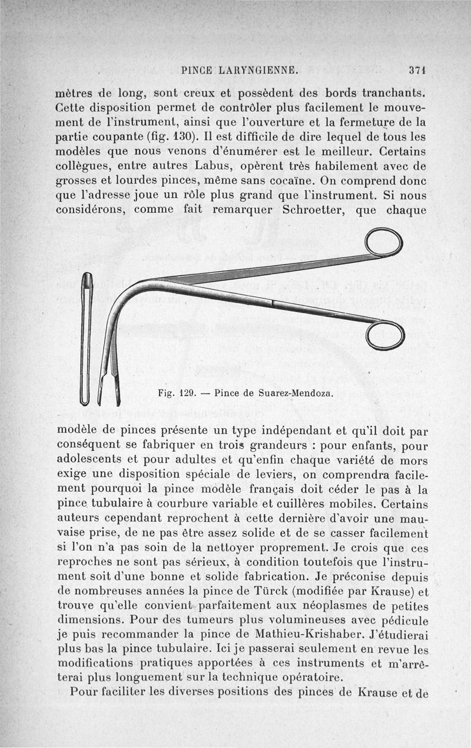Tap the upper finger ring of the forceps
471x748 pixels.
coord(384,243)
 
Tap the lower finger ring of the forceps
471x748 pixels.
coord(385,335)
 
